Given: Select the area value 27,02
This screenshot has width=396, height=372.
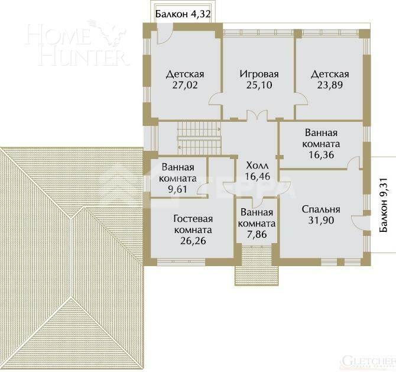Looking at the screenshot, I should (184, 85).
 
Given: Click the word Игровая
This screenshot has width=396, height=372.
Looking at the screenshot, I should (258, 75).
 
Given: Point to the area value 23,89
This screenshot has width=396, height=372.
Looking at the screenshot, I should (330, 85).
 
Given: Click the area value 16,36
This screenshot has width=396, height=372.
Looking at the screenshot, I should (321, 155).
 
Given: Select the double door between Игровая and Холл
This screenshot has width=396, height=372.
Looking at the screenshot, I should (255, 117).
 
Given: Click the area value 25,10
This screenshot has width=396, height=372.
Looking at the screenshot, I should (258, 85).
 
